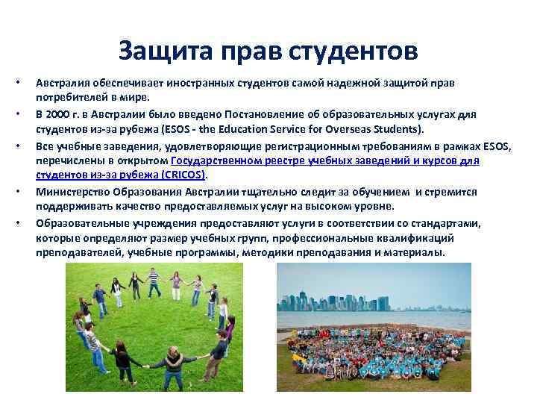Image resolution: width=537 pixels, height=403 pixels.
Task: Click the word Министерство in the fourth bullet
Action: [x=72, y=192]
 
